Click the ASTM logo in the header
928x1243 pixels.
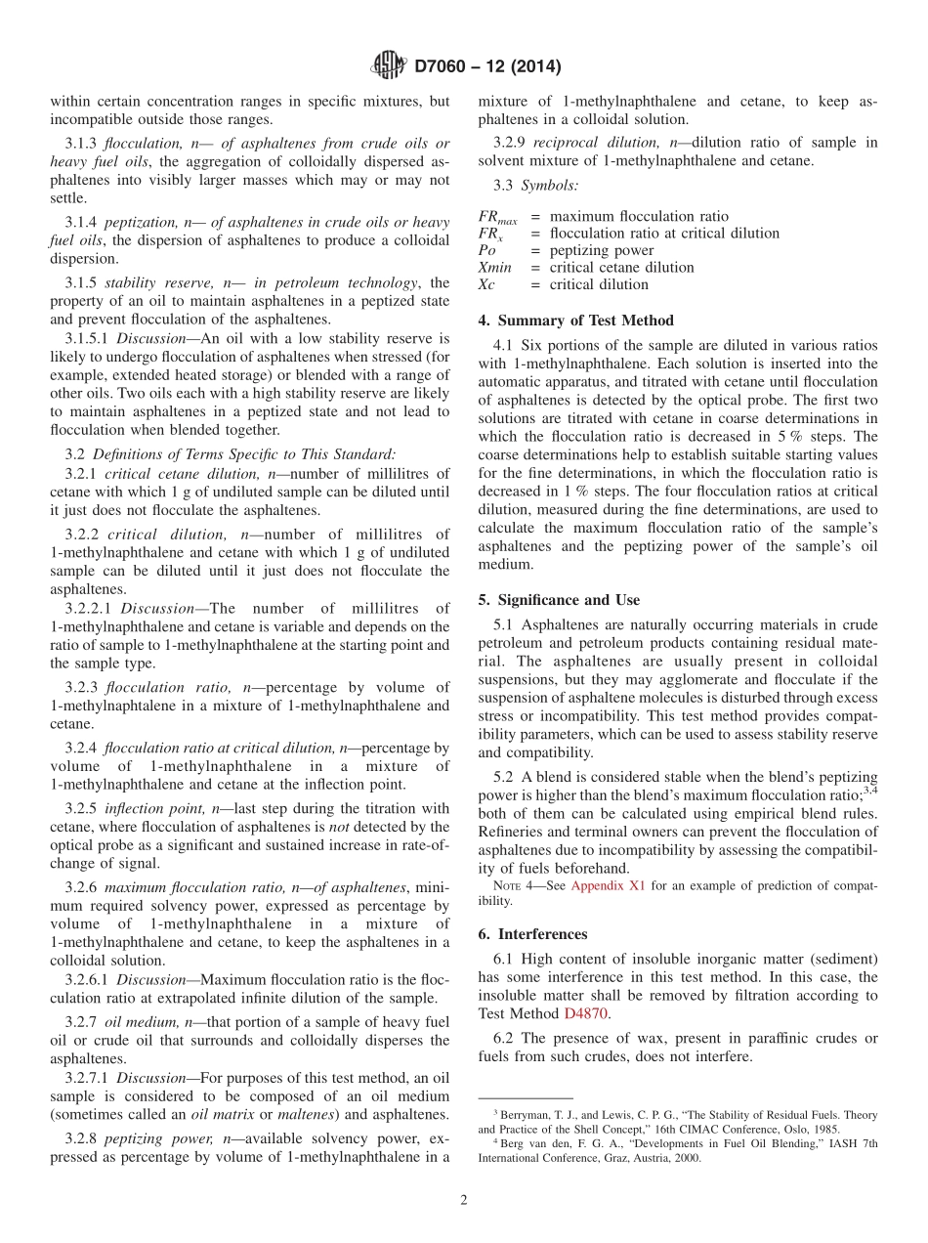point(389,67)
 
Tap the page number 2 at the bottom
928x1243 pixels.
point(463,1200)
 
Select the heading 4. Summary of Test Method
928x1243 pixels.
point(576,321)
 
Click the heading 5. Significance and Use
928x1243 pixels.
point(559,599)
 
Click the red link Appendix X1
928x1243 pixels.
point(607,885)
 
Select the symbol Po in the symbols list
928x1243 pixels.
point(487,250)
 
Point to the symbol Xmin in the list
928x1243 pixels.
point(496,268)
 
